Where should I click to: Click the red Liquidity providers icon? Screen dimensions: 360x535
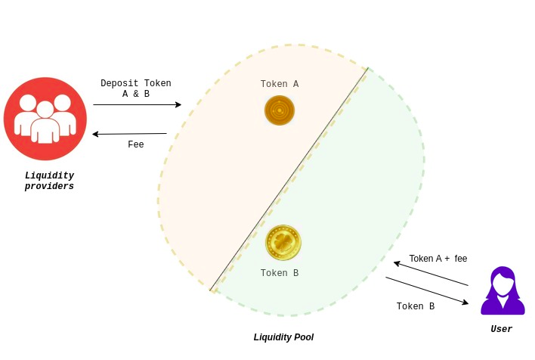(x=45, y=119)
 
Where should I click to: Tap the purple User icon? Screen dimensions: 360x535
(x=503, y=291)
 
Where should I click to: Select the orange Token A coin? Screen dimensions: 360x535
(x=280, y=110)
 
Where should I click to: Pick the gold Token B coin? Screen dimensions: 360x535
(x=283, y=243)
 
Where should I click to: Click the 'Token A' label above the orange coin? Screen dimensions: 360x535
(x=280, y=84)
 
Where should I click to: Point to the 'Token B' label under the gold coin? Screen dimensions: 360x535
(x=280, y=273)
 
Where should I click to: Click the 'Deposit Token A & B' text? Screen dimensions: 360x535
(x=136, y=88)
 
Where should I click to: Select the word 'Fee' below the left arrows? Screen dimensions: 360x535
(x=136, y=144)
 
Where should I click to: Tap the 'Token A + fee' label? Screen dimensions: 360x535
(x=438, y=259)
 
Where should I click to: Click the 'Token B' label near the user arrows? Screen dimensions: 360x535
(x=416, y=306)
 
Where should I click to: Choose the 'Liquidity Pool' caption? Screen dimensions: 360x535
(x=283, y=337)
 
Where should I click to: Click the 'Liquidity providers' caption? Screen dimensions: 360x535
(x=49, y=181)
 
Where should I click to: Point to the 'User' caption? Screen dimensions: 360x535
(x=501, y=329)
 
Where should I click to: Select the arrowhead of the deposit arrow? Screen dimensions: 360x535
(x=178, y=105)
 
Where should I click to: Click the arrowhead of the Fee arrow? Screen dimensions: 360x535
(x=96, y=135)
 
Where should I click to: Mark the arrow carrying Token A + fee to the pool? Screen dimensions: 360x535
(x=431, y=274)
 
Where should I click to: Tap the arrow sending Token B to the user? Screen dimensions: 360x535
(x=427, y=290)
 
